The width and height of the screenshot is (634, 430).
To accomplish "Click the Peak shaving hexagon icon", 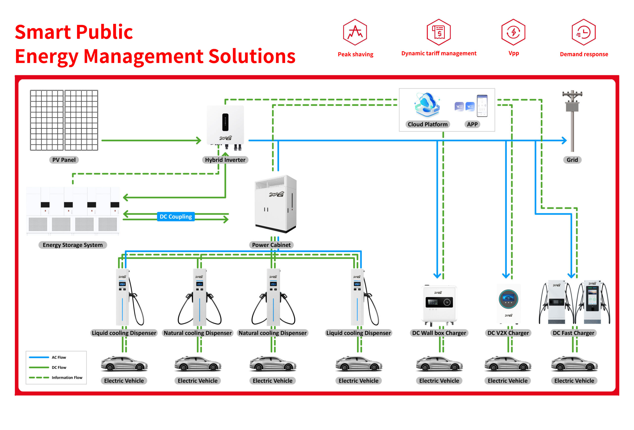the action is tap(355, 32).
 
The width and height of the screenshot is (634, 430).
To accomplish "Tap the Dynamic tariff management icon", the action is tap(438, 32).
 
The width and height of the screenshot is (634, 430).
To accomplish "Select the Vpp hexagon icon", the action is tap(513, 32).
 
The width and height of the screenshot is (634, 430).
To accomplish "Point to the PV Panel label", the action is tap(64, 160).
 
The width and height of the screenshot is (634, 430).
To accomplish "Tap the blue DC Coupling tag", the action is tap(176, 217).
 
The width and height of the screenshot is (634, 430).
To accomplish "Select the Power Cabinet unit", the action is tap(276, 204).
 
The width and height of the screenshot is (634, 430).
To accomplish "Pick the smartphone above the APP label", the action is tap(482, 106).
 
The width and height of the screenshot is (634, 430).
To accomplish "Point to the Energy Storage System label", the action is tap(73, 245).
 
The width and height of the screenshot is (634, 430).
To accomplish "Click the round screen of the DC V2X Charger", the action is tap(508, 299).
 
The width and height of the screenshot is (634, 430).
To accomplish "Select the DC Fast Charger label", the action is tap(573, 333).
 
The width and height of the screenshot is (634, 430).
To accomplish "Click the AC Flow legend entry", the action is tap(48, 357).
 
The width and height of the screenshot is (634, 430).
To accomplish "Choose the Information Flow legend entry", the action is tap(55, 378).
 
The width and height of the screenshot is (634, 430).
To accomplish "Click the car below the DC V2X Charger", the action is tap(508, 364).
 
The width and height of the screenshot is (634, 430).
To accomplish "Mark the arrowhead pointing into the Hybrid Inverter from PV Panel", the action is tap(199, 140).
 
